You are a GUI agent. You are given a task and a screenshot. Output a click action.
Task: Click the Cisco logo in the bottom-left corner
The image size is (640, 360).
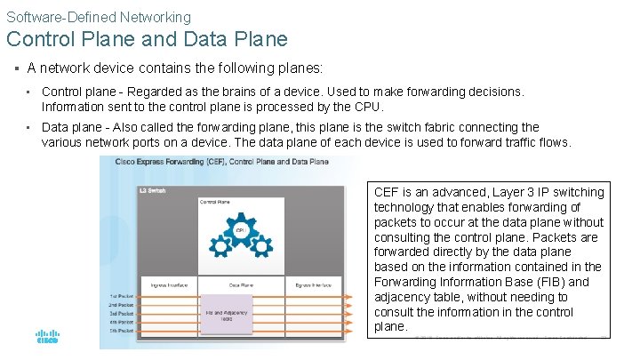(x=46, y=338)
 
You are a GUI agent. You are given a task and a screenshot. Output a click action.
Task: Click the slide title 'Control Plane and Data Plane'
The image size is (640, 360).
(x=147, y=39)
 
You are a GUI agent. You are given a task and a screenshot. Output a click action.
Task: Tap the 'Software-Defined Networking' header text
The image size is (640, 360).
(x=99, y=16)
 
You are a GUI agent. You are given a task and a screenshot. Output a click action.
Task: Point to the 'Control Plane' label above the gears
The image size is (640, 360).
(x=216, y=202)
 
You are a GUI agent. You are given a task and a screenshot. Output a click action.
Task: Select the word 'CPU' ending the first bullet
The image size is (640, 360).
(x=370, y=107)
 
